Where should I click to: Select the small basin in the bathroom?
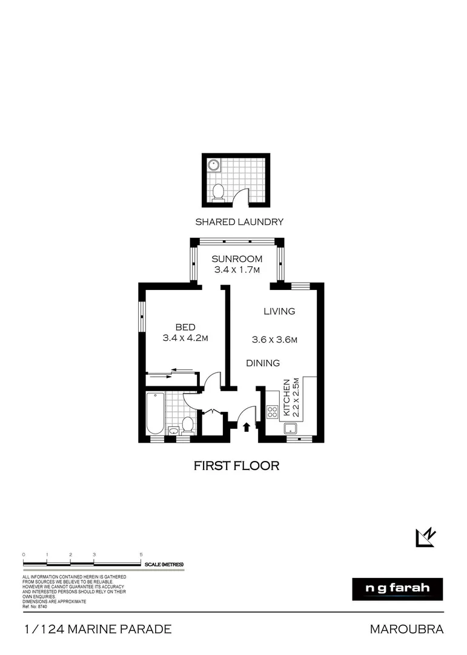174,431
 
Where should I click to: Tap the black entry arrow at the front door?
247,427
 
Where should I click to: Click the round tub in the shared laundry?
213,165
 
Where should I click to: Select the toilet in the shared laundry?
219,192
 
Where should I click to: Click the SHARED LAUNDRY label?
239,222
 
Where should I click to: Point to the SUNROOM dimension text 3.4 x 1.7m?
237,270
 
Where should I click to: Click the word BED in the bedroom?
185,327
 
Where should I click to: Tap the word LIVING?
279,311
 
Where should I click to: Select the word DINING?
263,363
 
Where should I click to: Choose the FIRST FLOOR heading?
236,466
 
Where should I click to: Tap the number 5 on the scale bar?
141,554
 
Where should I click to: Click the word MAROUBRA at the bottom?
406,630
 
